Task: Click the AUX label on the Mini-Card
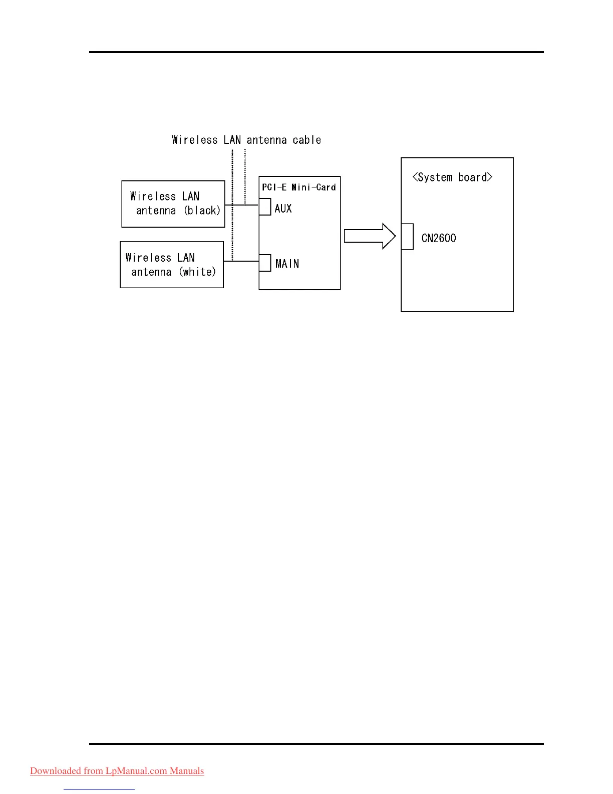click(x=283, y=209)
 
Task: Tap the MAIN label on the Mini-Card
click(x=287, y=264)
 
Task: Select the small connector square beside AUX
click(x=265, y=207)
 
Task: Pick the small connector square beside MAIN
click(x=265, y=263)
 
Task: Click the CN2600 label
click(x=439, y=238)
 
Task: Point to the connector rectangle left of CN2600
click(x=408, y=237)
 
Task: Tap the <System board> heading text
click(x=452, y=177)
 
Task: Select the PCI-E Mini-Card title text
click(x=299, y=187)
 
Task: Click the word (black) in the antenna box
click(x=202, y=211)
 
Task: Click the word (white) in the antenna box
click(x=198, y=272)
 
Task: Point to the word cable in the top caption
click(x=306, y=140)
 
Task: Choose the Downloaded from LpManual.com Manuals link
click(x=117, y=771)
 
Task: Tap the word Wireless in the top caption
click(x=195, y=140)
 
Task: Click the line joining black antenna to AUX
click(x=241, y=205)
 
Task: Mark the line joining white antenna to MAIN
click(x=241, y=261)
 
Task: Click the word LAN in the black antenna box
click(x=191, y=196)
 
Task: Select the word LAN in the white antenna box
click(x=186, y=258)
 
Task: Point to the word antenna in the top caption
click(x=266, y=140)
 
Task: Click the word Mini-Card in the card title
click(x=314, y=187)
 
